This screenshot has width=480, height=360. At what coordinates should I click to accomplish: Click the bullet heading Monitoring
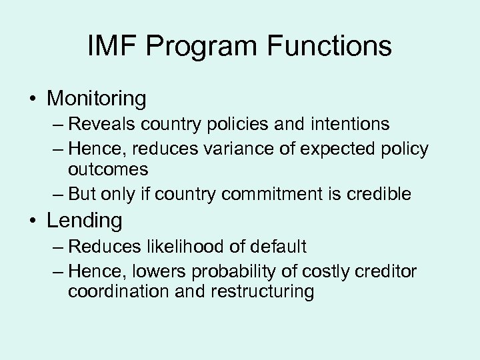click(x=96, y=99)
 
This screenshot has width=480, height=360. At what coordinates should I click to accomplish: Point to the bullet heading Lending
click(x=84, y=221)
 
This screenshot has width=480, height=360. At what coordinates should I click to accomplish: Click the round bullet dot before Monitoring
click(x=33, y=99)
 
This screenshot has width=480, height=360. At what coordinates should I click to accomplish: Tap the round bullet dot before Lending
click(x=33, y=221)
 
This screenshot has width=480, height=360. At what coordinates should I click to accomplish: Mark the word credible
click(x=382, y=194)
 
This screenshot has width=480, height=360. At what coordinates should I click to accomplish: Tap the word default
click(x=279, y=247)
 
